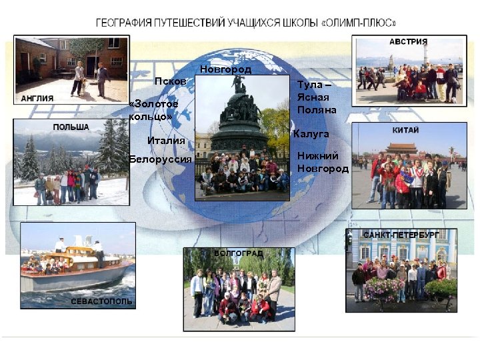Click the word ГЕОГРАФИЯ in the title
[x=127, y=22]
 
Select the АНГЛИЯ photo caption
[x=37, y=98]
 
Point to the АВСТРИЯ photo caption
[x=408, y=42]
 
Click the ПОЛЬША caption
[x=71, y=127]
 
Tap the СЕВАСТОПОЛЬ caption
[x=101, y=301]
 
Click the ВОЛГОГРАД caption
[x=239, y=253]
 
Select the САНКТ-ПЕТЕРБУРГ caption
[x=401, y=235]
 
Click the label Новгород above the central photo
[x=225, y=69]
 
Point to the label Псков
[x=166, y=81]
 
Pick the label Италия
[x=166, y=140]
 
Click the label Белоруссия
[x=160, y=159]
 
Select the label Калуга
[x=311, y=134]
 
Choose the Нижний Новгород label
[x=323, y=162]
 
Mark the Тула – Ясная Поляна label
[x=317, y=97]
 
